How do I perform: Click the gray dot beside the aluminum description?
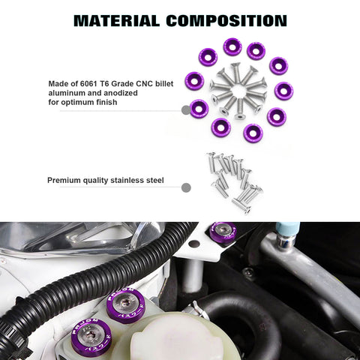[x=185, y=110]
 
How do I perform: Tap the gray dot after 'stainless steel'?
[x=186, y=187]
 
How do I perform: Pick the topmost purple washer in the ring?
[x=232, y=47]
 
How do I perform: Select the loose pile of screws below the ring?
[x=235, y=181]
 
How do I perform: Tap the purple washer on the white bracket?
[x=223, y=232]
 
